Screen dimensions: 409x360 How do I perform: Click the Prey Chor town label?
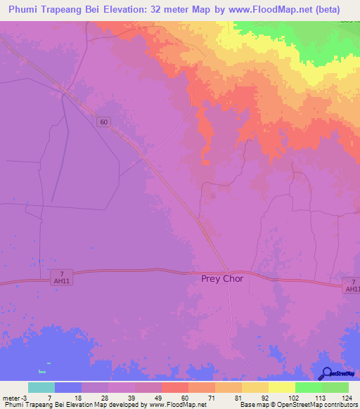tap(221, 278)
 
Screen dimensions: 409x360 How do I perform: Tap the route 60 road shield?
tap(104, 122)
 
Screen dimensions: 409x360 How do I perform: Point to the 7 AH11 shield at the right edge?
tap(352, 285)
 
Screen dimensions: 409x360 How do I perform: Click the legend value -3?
tap(23, 397)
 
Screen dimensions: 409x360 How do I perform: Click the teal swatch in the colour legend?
tap(41, 387)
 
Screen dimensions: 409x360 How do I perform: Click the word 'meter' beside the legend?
tap(10, 397)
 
